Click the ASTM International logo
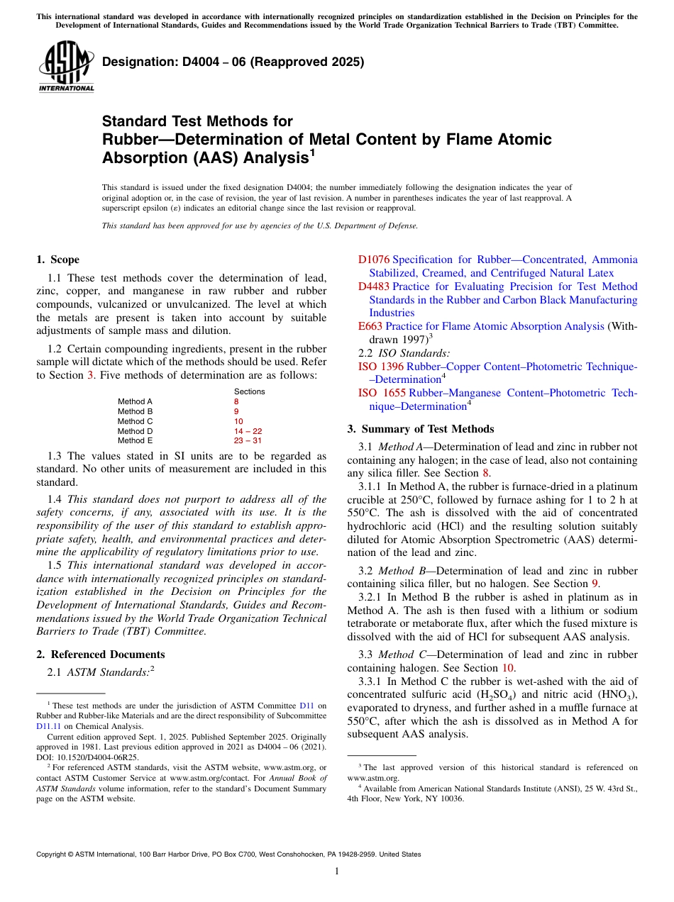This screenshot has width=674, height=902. [x=66, y=66]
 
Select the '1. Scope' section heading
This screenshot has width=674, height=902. [x=57, y=260]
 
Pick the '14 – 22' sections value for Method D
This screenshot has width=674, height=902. [x=248, y=431]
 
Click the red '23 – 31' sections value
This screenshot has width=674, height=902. [x=248, y=440]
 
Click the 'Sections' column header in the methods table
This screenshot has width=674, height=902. [x=249, y=391]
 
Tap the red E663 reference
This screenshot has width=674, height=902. [x=370, y=326]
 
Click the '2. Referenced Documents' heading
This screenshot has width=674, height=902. [x=100, y=655]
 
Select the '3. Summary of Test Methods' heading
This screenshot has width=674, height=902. [x=420, y=429]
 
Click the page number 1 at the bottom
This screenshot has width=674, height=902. [x=336, y=872]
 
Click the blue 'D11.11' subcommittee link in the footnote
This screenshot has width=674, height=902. [x=47, y=726]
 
